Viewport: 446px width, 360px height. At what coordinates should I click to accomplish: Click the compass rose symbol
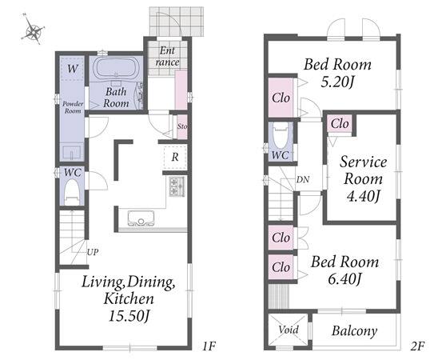33,30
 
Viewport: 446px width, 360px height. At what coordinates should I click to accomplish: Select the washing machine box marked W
72,69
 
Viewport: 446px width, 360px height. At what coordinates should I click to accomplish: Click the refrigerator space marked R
175,157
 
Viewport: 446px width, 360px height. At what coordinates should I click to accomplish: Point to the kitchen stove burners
177,186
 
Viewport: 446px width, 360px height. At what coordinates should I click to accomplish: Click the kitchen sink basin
141,218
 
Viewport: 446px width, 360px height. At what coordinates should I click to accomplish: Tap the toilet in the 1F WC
73,191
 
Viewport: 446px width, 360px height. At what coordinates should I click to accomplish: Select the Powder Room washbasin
72,153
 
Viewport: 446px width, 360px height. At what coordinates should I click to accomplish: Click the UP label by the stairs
93,252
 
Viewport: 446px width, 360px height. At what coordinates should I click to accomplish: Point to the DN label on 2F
303,179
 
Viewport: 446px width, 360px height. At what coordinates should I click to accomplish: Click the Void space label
289,330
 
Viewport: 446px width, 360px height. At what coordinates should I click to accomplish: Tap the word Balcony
354,331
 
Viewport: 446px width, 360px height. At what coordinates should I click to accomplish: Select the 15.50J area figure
129,316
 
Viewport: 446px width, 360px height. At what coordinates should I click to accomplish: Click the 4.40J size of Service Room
363,196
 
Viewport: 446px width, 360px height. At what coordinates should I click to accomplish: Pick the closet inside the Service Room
340,124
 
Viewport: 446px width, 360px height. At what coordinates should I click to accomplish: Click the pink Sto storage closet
182,126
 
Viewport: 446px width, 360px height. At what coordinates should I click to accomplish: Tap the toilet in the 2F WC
281,135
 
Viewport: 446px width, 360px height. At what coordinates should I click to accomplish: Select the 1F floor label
209,346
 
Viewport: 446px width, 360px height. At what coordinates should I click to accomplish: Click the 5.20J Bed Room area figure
337,82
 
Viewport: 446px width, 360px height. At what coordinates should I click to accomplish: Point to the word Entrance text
167,56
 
